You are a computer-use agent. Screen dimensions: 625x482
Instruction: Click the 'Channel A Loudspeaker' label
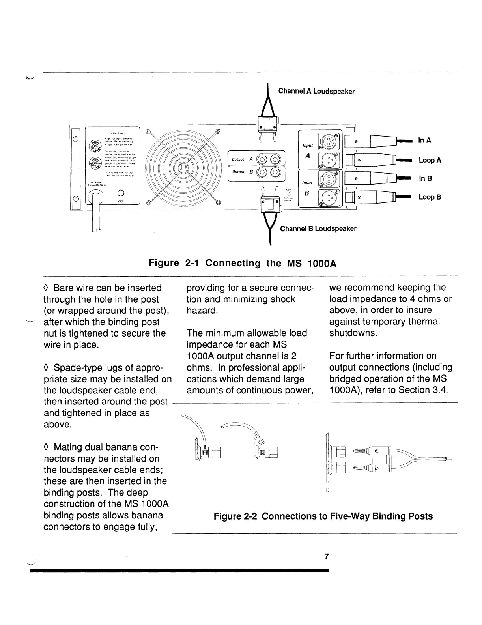click(x=316, y=91)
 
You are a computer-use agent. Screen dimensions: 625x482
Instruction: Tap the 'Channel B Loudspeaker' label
click(x=318, y=229)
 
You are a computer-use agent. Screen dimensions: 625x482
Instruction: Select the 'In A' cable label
click(x=424, y=140)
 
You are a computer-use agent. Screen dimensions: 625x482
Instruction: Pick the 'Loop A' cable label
click(x=430, y=160)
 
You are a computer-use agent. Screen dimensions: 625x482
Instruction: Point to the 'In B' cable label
click(x=425, y=178)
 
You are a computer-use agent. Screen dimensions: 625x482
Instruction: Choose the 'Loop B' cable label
click(x=430, y=197)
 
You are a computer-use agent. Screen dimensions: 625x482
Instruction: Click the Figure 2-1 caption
click(x=242, y=263)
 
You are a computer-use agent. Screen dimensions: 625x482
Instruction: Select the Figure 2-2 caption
click(x=323, y=516)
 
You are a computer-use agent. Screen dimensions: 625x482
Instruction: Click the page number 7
click(x=326, y=557)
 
